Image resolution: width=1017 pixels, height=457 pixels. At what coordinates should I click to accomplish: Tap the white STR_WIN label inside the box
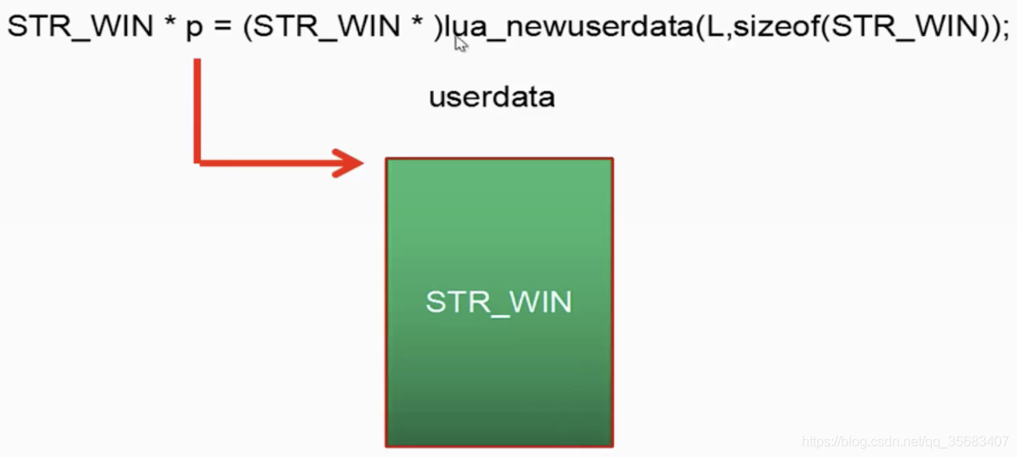click(x=499, y=302)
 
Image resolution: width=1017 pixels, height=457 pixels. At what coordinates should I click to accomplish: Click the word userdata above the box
click(x=492, y=96)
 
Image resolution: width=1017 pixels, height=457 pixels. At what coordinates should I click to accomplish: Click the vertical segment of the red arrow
click(x=197, y=106)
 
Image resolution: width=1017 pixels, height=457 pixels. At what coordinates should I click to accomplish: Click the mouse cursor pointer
click(x=460, y=43)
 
